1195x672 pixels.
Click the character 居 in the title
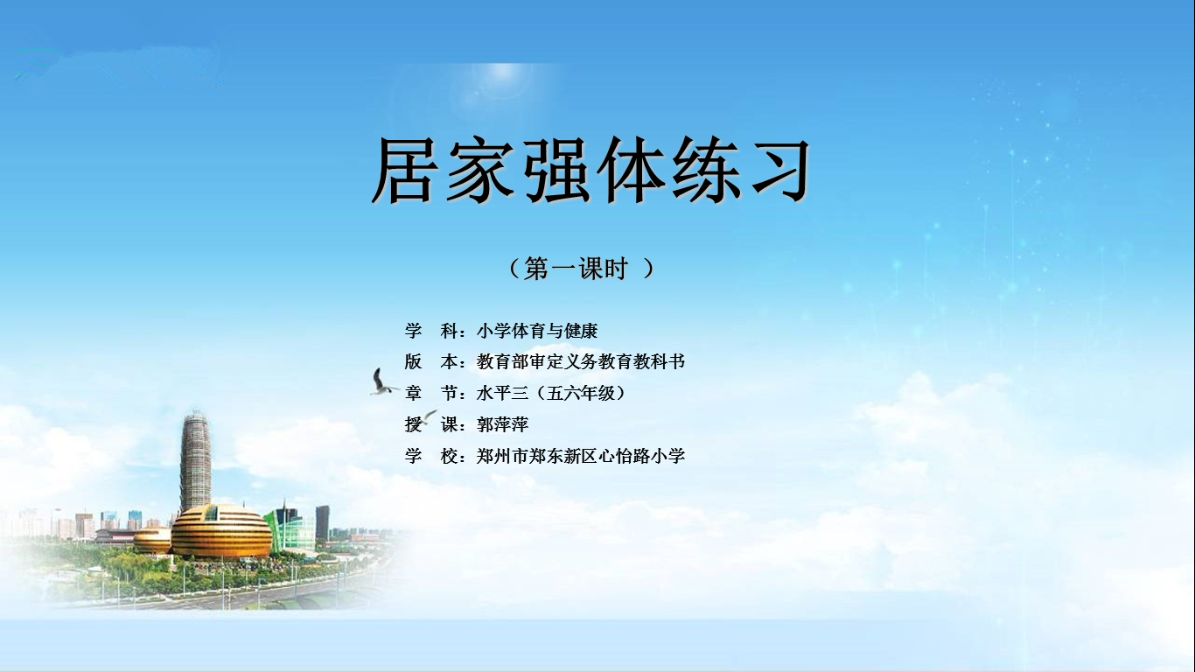click(x=402, y=170)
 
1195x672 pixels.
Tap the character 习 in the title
click(x=781, y=170)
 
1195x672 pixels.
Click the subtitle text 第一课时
click(x=576, y=268)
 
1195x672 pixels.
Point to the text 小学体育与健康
click(x=536, y=331)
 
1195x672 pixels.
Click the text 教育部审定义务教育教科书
click(x=580, y=362)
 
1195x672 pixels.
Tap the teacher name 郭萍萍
click(x=502, y=424)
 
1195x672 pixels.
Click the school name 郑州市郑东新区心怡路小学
click(x=580, y=456)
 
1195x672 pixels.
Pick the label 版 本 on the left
click(x=430, y=362)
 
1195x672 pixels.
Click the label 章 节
click(x=430, y=394)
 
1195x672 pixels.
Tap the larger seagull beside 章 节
click(x=382, y=382)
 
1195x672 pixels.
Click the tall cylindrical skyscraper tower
click(x=195, y=462)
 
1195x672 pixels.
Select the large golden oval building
click(x=221, y=532)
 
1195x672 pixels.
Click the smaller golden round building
click(x=152, y=540)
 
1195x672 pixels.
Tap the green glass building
click(x=290, y=528)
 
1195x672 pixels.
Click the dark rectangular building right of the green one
click(x=322, y=522)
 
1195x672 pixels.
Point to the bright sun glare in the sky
click(x=502, y=74)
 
